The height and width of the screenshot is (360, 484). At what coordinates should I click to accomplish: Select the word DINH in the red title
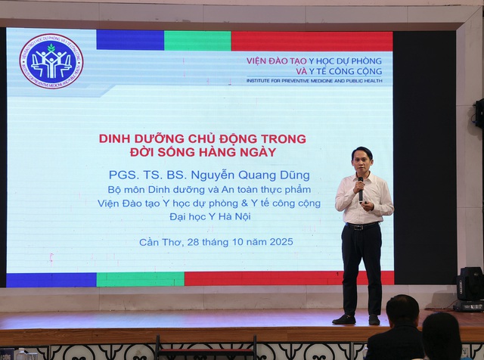[116, 138]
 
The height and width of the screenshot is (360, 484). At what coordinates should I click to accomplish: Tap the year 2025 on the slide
[277, 242]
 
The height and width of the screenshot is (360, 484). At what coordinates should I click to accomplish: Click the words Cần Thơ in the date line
[158, 242]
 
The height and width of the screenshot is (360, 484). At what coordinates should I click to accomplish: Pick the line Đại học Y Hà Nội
[208, 217]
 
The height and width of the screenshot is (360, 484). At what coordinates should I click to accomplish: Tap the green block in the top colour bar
[197, 41]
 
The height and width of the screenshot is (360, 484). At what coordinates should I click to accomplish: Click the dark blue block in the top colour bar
[130, 41]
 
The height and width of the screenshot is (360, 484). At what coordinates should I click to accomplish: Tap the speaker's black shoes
[356, 319]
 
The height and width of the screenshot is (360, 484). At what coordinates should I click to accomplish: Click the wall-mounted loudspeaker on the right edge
[478, 113]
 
